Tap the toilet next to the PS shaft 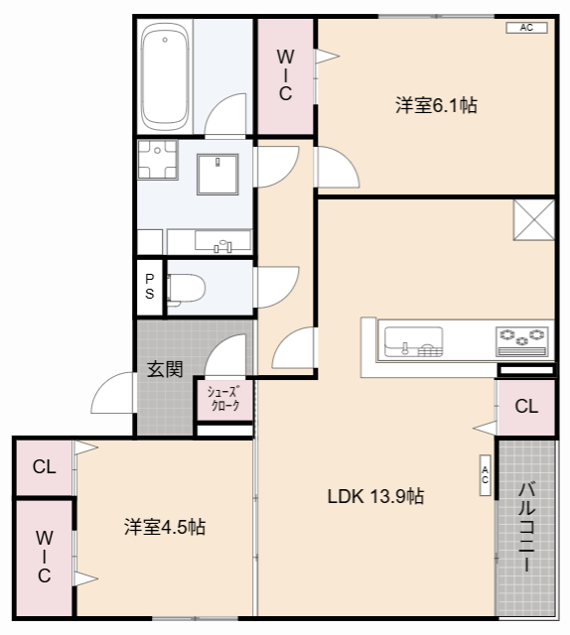(x=186, y=288)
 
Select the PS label (x=149, y=287)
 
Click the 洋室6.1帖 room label (x=436, y=105)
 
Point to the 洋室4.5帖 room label (x=165, y=527)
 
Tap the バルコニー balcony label (x=526, y=525)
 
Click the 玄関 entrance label (x=165, y=369)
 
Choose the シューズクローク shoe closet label (x=223, y=399)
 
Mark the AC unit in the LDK (x=485, y=475)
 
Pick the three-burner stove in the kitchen (x=522, y=339)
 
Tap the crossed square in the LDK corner (x=533, y=218)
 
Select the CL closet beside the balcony (x=526, y=406)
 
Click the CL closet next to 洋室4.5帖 (x=44, y=467)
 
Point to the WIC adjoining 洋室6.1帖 (x=285, y=76)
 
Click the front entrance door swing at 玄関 (x=111, y=394)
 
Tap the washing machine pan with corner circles (x=157, y=160)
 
